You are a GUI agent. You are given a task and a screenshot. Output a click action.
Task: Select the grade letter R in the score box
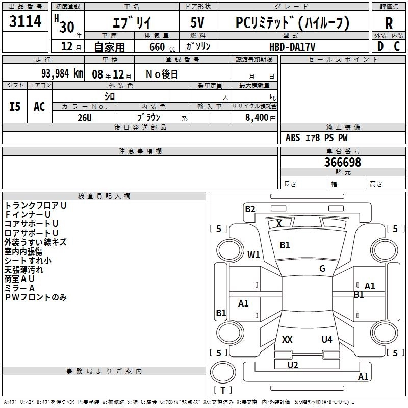(389, 23)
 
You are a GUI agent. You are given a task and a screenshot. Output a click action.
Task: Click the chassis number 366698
(343, 162)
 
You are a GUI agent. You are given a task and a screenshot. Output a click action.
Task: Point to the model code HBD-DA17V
(292, 46)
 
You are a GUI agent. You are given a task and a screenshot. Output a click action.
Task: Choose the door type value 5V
(198, 22)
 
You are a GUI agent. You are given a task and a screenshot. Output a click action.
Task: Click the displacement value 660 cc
(161, 47)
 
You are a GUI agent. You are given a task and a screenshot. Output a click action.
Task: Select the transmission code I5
(15, 106)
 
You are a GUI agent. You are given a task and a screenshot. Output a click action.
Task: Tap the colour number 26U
(84, 117)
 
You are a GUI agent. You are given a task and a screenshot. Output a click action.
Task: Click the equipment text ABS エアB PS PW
(317, 138)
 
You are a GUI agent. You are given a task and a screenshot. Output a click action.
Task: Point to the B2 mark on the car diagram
(250, 209)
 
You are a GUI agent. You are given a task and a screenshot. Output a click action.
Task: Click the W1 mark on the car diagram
(253, 254)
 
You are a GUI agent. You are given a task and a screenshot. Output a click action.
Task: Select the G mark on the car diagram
(322, 269)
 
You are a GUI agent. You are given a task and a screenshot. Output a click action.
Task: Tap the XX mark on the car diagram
(287, 339)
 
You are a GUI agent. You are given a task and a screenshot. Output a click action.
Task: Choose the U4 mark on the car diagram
(327, 339)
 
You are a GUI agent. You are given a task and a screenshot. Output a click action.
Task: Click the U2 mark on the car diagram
(292, 365)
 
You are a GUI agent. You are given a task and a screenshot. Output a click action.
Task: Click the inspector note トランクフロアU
(35, 205)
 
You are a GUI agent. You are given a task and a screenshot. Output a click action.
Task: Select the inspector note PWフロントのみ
(36, 297)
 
